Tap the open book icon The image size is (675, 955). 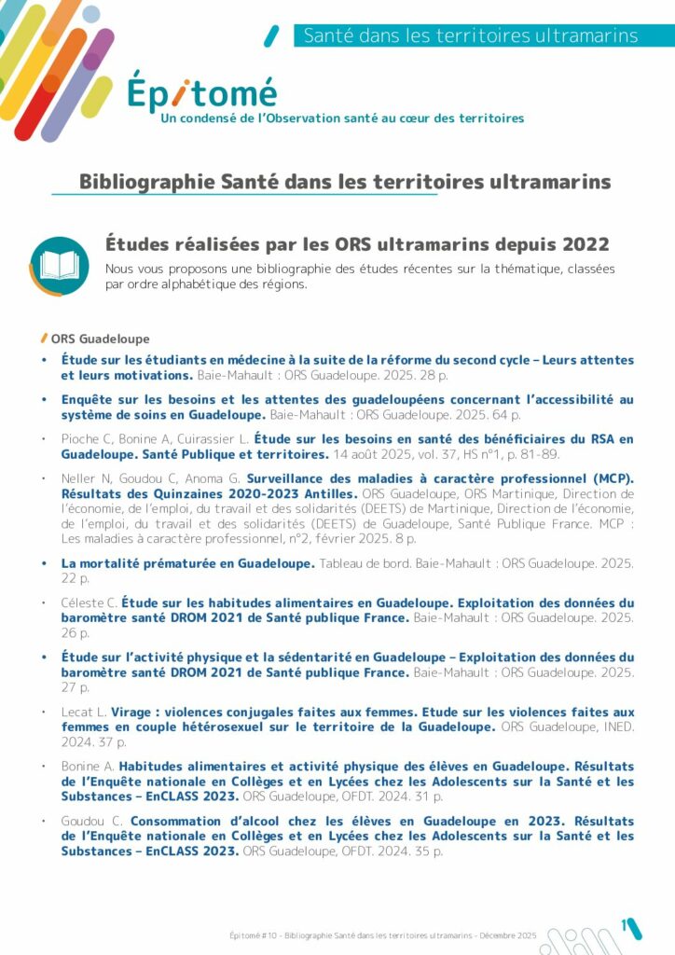coord(59,265)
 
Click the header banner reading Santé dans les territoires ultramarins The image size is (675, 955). coord(470,36)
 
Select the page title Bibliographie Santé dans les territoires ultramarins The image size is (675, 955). coord(345,181)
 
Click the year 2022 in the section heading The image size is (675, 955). coord(585,244)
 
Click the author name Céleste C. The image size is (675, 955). coord(90,602)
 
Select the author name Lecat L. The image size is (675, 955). coord(85,712)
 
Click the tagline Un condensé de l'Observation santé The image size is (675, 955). coord(342,118)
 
